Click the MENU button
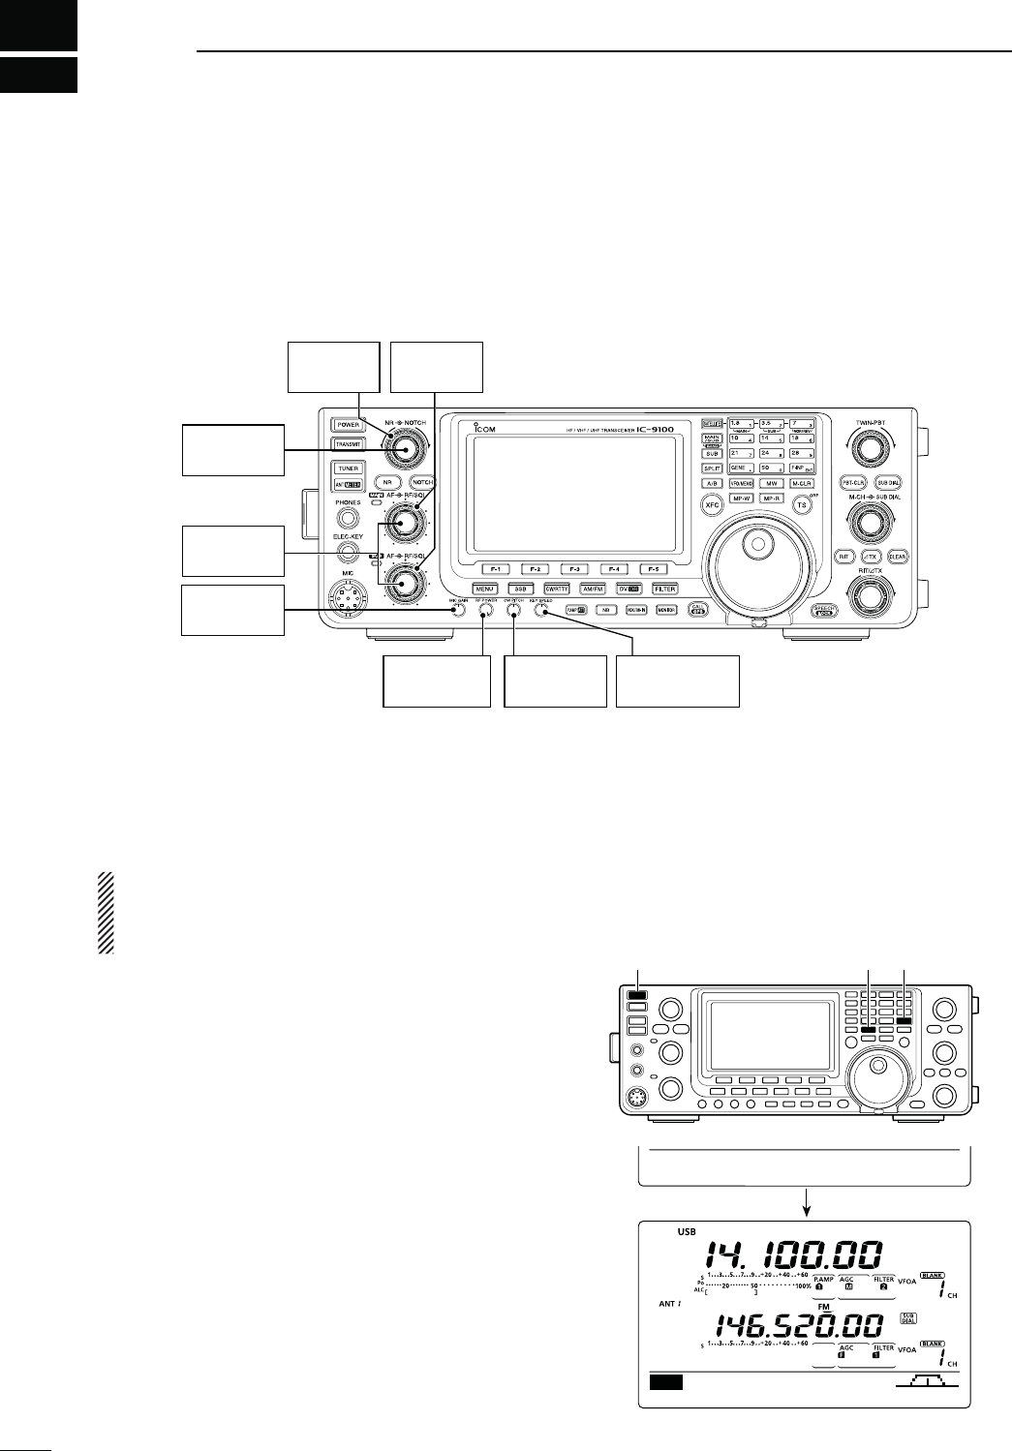click(x=486, y=589)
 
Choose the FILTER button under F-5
click(x=664, y=589)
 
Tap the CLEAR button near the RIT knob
click(x=896, y=556)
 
